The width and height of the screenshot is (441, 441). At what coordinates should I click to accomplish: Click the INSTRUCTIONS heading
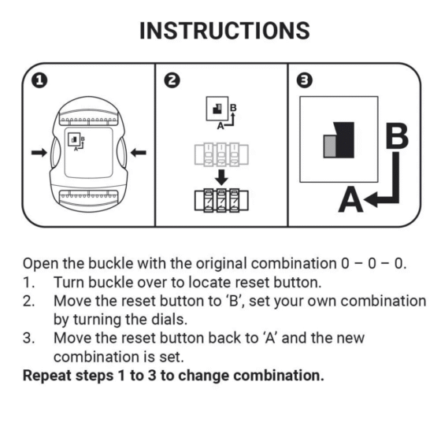[x=224, y=31]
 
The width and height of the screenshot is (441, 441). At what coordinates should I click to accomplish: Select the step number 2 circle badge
[x=172, y=80]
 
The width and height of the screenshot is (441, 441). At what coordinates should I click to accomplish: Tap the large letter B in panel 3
[x=396, y=135]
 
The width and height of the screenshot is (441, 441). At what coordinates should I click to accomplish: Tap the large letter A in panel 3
[x=350, y=201]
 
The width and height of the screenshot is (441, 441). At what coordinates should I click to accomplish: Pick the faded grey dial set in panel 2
[x=221, y=154]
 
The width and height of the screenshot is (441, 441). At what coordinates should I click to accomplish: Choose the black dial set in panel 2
[x=221, y=198]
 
